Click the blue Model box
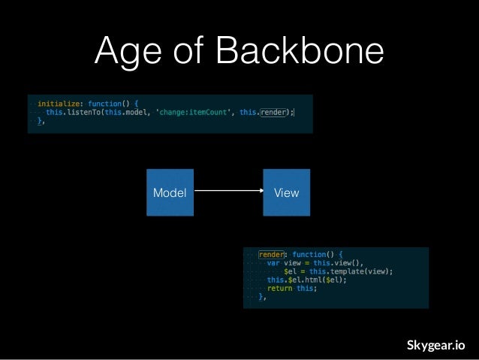point(170,193)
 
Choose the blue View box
point(286,193)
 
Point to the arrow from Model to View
point(227,192)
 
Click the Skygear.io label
point(435,345)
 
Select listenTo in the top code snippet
point(86,112)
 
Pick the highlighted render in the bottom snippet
point(271,254)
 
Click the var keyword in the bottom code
point(273,263)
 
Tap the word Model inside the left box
point(170,193)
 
